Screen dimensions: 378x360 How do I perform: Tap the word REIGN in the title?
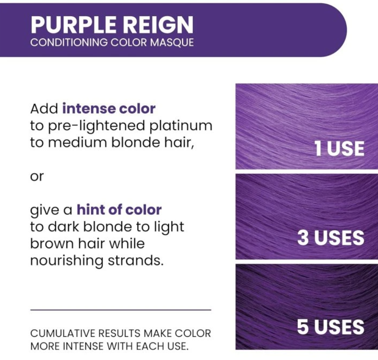tap(159, 24)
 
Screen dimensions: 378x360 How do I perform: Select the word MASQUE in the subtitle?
tap(172, 42)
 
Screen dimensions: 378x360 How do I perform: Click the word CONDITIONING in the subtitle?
tap(69, 42)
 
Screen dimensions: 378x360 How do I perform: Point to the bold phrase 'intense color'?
tap(109, 109)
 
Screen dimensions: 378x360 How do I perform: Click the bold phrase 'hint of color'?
tap(119, 210)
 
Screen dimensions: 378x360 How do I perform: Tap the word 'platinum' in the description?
tap(181, 126)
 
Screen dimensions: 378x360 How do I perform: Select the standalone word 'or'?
tap(37, 176)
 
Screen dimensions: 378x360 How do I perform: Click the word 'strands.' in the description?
tap(135, 260)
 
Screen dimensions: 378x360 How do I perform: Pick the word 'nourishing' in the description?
tap(67, 261)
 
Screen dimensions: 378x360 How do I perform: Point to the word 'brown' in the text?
tap(52, 244)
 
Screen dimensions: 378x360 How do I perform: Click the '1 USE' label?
tap(339, 148)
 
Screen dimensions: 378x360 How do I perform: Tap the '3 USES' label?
tap(331, 238)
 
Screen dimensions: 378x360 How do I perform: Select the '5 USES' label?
tap(330, 327)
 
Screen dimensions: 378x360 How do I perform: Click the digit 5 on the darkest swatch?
tap(303, 327)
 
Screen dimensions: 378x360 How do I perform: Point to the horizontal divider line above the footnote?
tap(121, 310)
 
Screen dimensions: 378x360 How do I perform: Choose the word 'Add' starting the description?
tap(44, 109)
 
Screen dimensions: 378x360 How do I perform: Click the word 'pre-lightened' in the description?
tap(97, 126)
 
